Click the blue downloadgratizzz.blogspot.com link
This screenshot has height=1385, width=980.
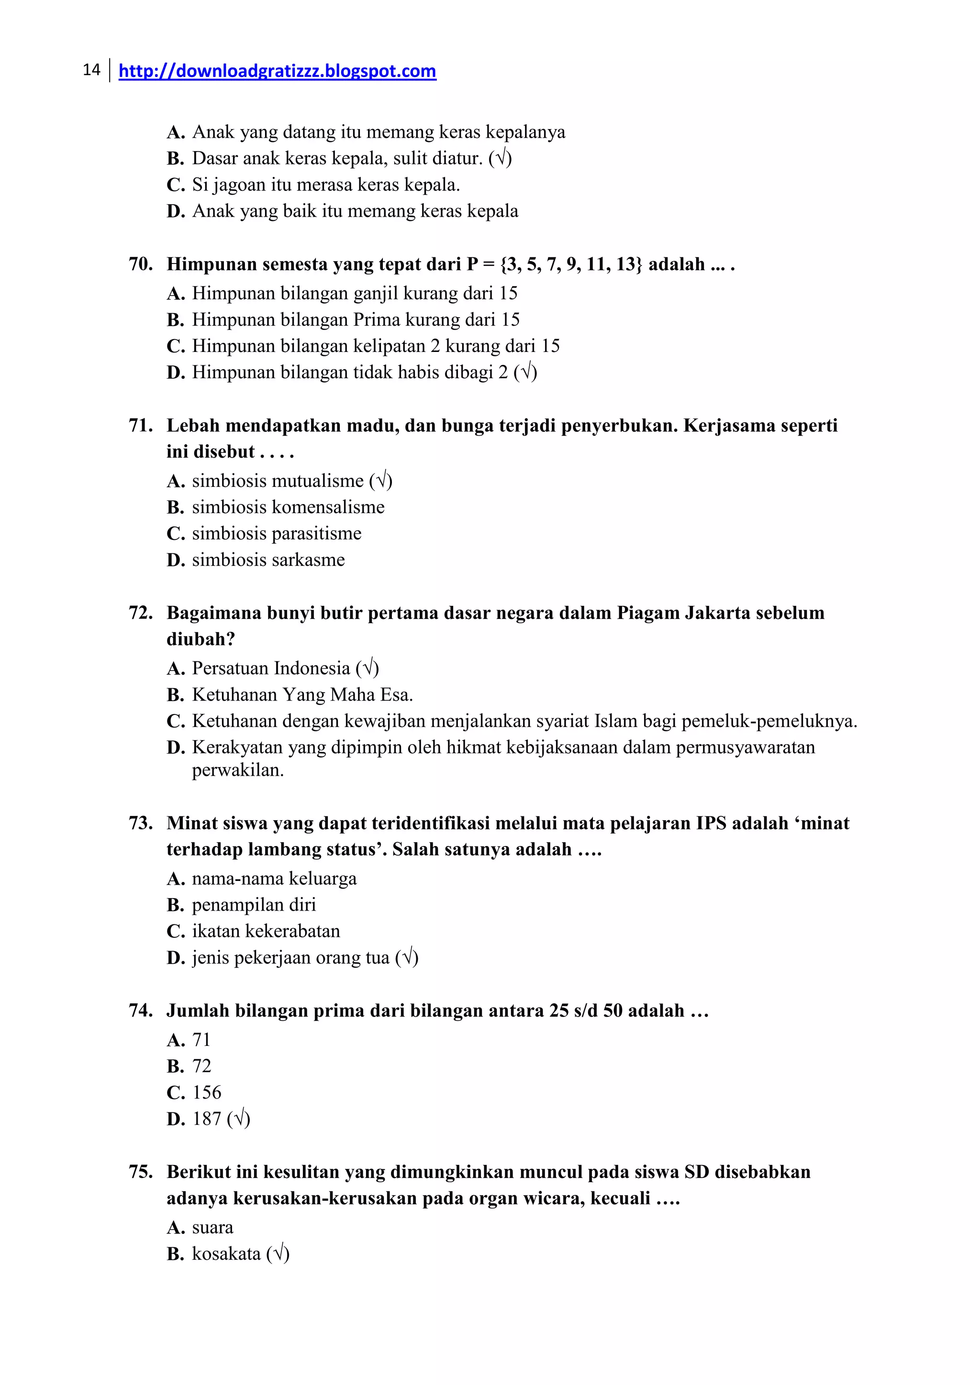click(277, 71)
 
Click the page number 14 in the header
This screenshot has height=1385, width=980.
click(91, 70)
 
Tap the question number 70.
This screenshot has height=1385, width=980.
click(140, 264)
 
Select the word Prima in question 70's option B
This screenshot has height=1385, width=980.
click(377, 320)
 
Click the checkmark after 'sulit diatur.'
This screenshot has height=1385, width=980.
click(500, 159)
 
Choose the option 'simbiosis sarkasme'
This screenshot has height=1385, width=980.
click(268, 560)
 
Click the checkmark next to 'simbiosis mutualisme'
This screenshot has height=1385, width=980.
click(381, 481)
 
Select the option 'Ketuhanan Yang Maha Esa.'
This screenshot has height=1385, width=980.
click(302, 695)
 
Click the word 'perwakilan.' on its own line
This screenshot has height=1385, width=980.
click(238, 770)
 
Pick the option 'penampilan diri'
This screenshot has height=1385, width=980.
click(254, 905)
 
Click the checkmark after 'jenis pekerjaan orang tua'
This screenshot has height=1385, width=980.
click(407, 958)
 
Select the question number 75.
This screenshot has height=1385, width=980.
click(140, 1172)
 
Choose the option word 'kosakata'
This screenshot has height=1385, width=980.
click(226, 1254)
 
